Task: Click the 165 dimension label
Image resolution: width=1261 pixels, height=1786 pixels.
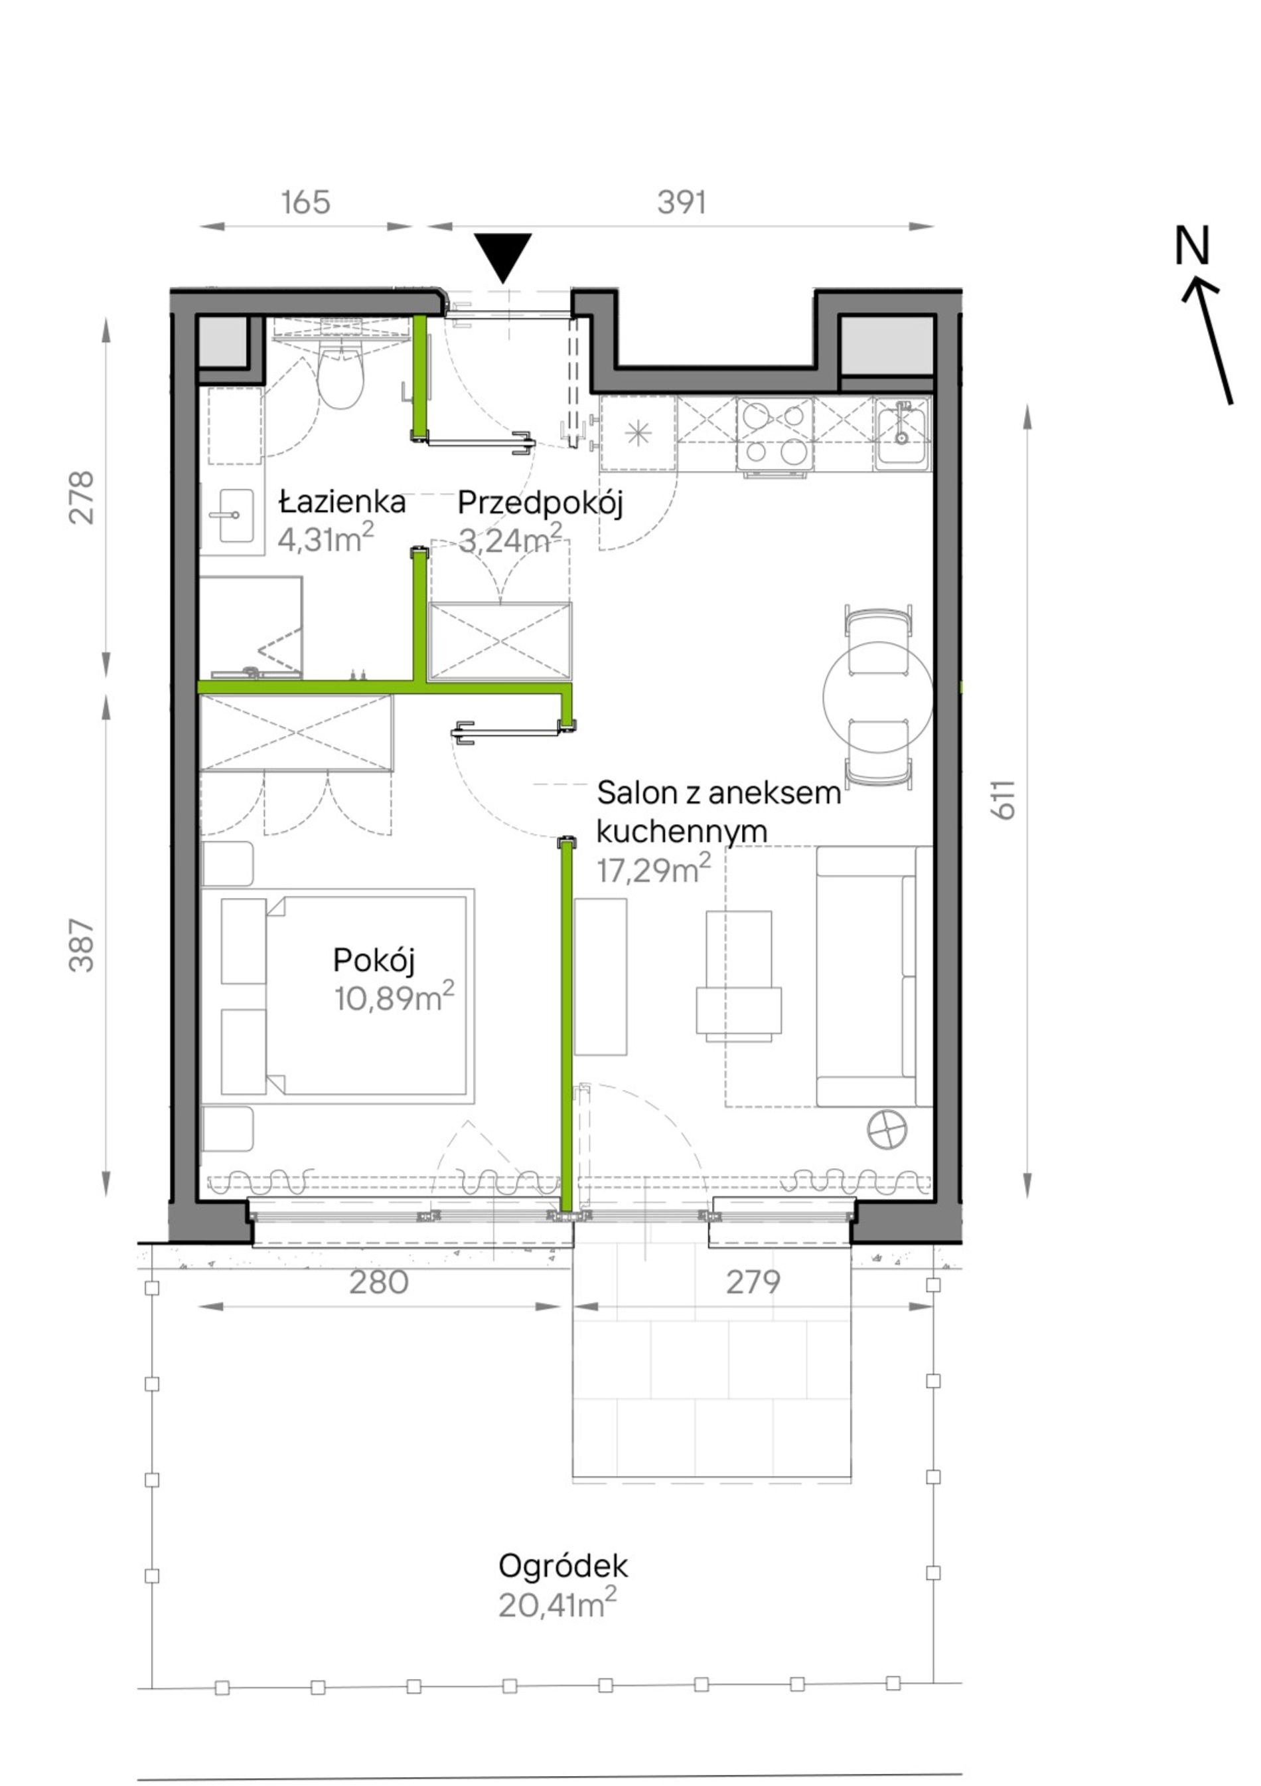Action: pos(305,203)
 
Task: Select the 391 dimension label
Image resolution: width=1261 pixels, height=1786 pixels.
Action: pos(682,203)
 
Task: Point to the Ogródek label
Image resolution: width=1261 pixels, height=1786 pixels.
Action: pos(563,1566)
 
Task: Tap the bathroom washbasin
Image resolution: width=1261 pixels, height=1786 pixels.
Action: pos(231,515)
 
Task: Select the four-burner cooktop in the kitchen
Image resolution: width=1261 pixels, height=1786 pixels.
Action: pos(775,436)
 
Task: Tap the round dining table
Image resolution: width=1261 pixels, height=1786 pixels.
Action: pos(878,697)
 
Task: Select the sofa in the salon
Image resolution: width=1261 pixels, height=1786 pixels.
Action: pos(874,976)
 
